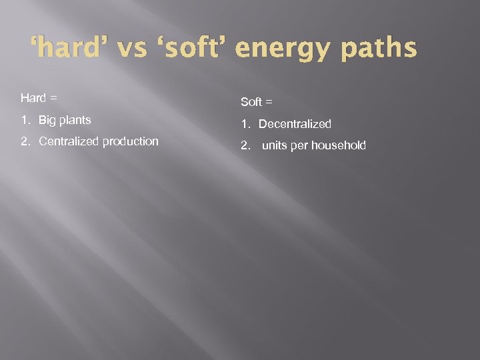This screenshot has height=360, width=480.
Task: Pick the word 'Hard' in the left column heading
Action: (x=33, y=98)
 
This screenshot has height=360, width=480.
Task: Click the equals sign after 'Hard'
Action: (x=53, y=99)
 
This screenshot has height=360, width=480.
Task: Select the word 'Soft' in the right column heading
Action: (x=251, y=102)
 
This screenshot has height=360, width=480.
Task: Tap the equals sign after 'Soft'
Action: (x=269, y=103)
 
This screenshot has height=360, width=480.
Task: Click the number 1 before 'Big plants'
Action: (x=24, y=121)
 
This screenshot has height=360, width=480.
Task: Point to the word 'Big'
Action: (x=47, y=121)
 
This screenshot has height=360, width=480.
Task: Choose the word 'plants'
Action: (x=75, y=121)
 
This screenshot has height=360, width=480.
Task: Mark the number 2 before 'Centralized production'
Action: (x=24, y=141)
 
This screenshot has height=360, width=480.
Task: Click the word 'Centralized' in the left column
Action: (x=69, y=141)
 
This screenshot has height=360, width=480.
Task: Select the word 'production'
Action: (x=131, y=141)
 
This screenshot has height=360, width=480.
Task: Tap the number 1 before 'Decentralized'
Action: (x=244, y=124)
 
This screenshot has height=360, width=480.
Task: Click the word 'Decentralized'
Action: (x=295, y=124)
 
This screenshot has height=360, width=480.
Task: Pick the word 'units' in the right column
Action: (x=275, y=145)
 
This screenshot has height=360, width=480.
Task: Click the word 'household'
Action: (x=339, y=145)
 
